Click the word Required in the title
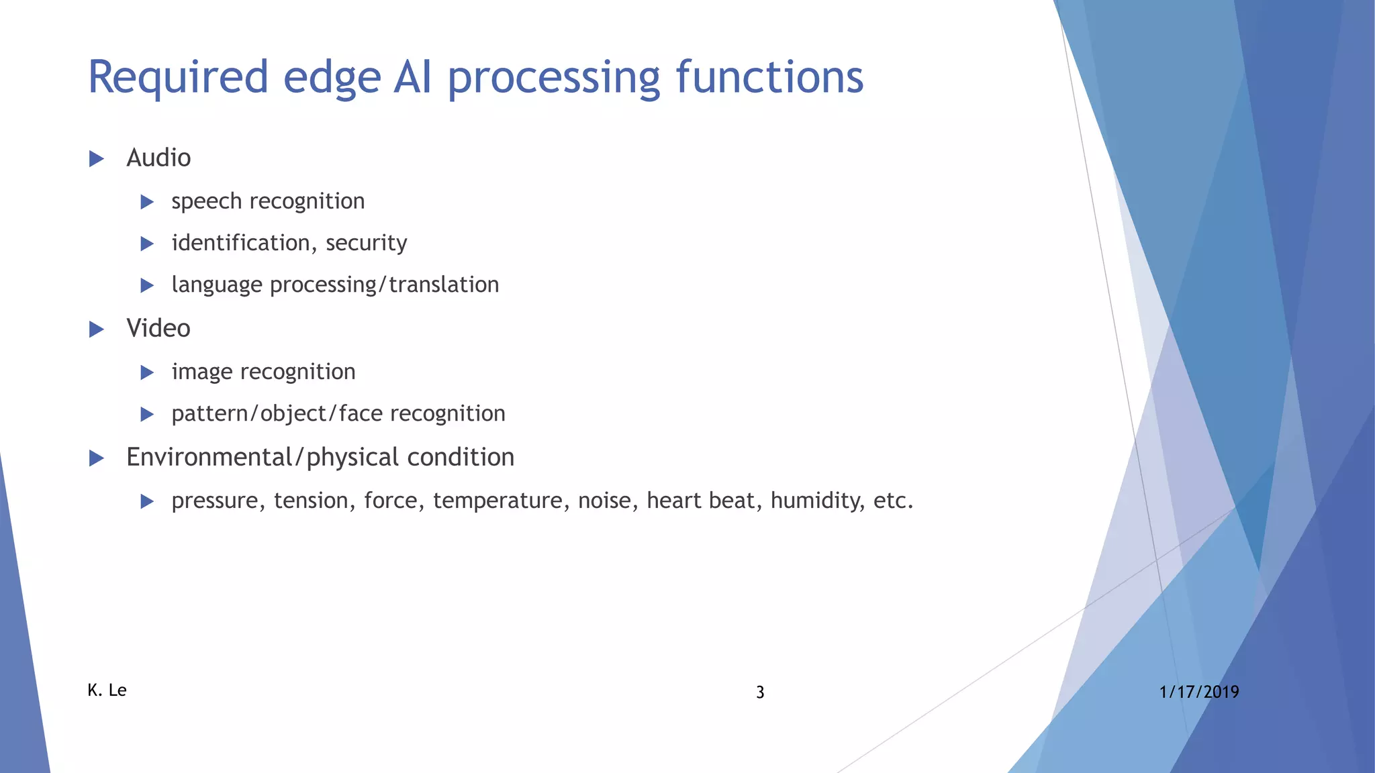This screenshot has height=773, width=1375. (178, 77)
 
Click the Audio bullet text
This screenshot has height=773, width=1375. (158, 158)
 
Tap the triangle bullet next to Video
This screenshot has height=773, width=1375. (97, 329)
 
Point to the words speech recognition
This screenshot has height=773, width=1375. (268, 201)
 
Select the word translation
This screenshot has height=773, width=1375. (444, 285)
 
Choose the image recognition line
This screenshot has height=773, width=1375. (263, 372)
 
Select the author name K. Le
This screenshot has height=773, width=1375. (107, 690)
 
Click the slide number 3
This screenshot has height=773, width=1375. (760, 692)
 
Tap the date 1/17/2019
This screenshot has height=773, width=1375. (1198, 692)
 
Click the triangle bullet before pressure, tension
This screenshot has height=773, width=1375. (147, 501)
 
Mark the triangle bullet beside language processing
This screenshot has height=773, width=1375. (147, 285)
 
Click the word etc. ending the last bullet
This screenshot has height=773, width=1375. (893, 501)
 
